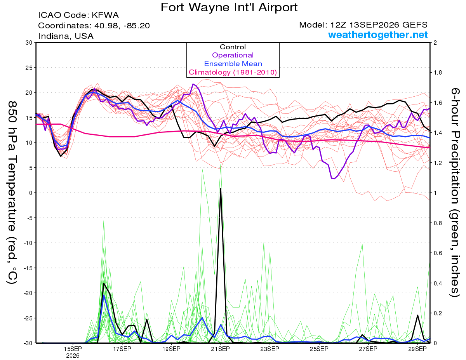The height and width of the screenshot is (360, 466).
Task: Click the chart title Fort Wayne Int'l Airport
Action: point(229,7)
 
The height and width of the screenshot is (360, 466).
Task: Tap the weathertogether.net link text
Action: point(378,35)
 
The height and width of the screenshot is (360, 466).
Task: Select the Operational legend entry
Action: point(233,55)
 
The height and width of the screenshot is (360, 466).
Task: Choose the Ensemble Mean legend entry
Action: point(233,64)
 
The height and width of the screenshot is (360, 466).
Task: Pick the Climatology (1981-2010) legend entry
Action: point(233,72)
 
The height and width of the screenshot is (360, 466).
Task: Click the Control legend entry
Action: point(233,47)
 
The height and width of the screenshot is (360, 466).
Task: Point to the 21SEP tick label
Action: point(221,349)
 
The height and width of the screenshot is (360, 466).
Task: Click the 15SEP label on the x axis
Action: point(73,349)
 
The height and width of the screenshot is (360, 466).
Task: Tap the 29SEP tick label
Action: point(417,349)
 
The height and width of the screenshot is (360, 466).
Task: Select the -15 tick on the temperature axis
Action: point(28,268)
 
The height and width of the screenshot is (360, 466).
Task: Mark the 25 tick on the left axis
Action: point(29,68)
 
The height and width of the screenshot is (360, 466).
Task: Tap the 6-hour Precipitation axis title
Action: point(455,193)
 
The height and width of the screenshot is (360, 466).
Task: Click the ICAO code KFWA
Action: point(105,15)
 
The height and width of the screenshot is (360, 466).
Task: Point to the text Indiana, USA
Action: point(66,36)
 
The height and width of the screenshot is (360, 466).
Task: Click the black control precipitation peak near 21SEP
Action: point(221,188)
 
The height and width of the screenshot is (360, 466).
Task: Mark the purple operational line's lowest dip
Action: point(333,178)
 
